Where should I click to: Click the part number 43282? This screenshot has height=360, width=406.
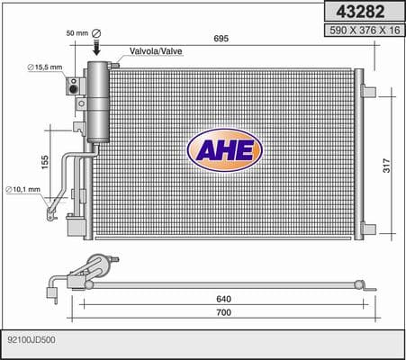[x=360, y=12]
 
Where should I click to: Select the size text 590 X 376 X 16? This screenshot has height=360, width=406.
[x=365, y=31]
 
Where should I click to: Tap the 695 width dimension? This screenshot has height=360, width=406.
[x=221, y=39]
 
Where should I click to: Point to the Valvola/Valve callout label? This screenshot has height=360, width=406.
[x=156, y=51]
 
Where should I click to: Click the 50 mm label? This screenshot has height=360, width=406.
[x=77, y=33]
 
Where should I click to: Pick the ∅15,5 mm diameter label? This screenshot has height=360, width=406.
[x=45, y=67]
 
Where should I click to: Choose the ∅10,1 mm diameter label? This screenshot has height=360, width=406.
[x=23, y=189]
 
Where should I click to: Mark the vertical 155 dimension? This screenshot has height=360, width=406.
[x=44, y=162]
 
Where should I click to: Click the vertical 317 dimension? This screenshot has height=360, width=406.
[x=386, y=166]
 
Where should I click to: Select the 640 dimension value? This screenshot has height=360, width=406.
[x=224, y=299]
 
